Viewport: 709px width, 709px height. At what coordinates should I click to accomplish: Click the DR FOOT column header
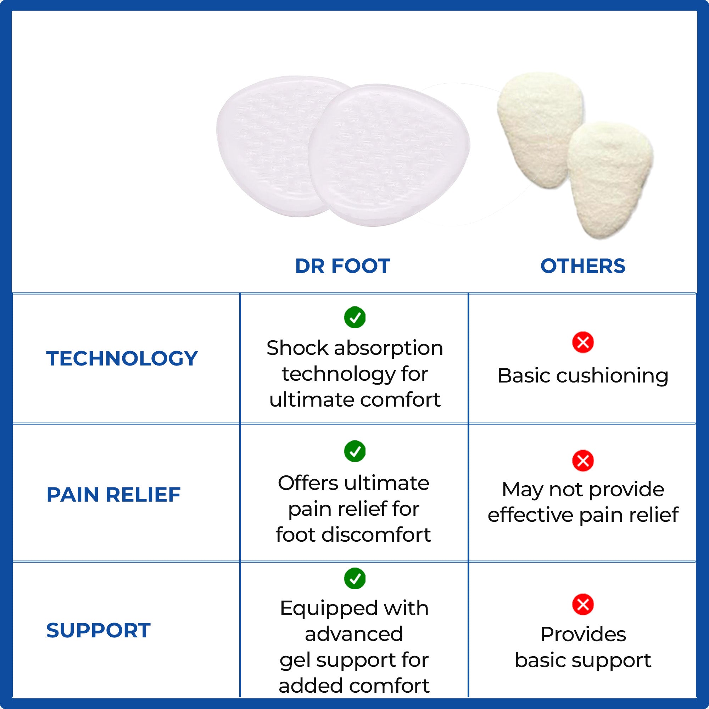(x=342, y=266)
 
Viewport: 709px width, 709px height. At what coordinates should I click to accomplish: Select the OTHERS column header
(x=583, y=266)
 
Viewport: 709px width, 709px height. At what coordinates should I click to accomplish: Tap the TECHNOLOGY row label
(x=122, y=358)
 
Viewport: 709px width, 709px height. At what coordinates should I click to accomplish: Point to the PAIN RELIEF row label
(x=113, y=494)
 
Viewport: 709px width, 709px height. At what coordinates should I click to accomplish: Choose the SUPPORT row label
(x=98, y=630)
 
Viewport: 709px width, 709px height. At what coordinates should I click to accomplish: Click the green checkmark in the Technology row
(x=354, y=317)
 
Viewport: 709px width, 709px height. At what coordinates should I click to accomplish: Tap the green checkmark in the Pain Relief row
(x=354, y=451)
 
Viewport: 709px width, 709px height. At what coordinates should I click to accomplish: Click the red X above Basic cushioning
(x=583, y=342)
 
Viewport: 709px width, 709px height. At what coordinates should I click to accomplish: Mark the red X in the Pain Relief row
(x=583, y=460)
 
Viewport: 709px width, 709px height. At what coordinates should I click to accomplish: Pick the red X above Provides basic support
(x=583, y=604)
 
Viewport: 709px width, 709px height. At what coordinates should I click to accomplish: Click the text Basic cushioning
(x=583, y=376)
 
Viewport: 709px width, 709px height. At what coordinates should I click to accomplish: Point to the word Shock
(x=297, y=347)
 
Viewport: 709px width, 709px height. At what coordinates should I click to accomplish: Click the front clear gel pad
(x=389, y=155)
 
